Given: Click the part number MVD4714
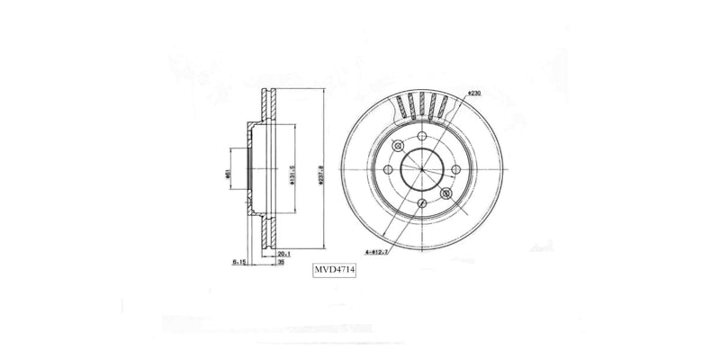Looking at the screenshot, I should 334,269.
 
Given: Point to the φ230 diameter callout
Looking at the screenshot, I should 475,93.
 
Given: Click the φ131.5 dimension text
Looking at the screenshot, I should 292,171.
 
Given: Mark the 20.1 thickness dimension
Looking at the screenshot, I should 283,253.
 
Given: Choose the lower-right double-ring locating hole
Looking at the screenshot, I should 445,193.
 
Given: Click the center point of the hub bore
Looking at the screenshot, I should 421,169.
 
